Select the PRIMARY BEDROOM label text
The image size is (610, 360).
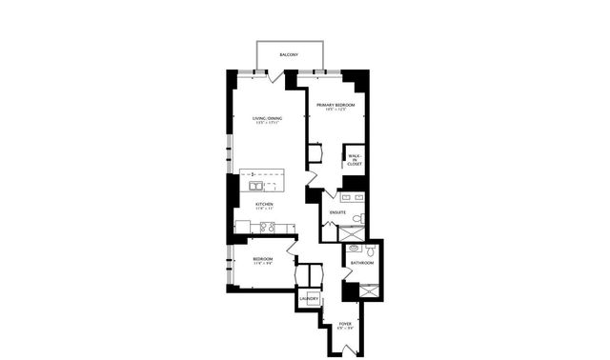pyautogui.click(x=335, y=106)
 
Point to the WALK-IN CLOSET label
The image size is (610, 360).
pyautogui.click(x=355, y=160)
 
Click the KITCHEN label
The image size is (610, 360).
pyautogui.click(x=264, y=205)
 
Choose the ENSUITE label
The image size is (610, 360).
pyautogui.click(x=337, y=211)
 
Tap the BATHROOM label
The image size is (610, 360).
pyautogui.click(x=361, y=262)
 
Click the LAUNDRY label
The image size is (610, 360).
pyautogui.click(x=308, y=299)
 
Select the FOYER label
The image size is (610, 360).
pyautogui.click(x=345, y=327)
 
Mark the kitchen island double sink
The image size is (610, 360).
pyautogui.click(x=257, y=186)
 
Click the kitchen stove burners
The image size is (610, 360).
pyautogui.click(x=268, y=227)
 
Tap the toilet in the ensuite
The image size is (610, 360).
pyautogui.click(x=357, y=219)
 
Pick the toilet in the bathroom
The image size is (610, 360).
pyautogui.click(x=371, y=250)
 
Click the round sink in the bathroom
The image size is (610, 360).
pyautogui.click(x=354, y=248)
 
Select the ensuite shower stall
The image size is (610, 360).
pyautogui.click(x=352, y=232)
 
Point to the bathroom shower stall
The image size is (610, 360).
pyautogui.click(x=368, y=290)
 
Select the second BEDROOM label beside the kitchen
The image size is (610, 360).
pyautogui.click(x=263, y=260)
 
